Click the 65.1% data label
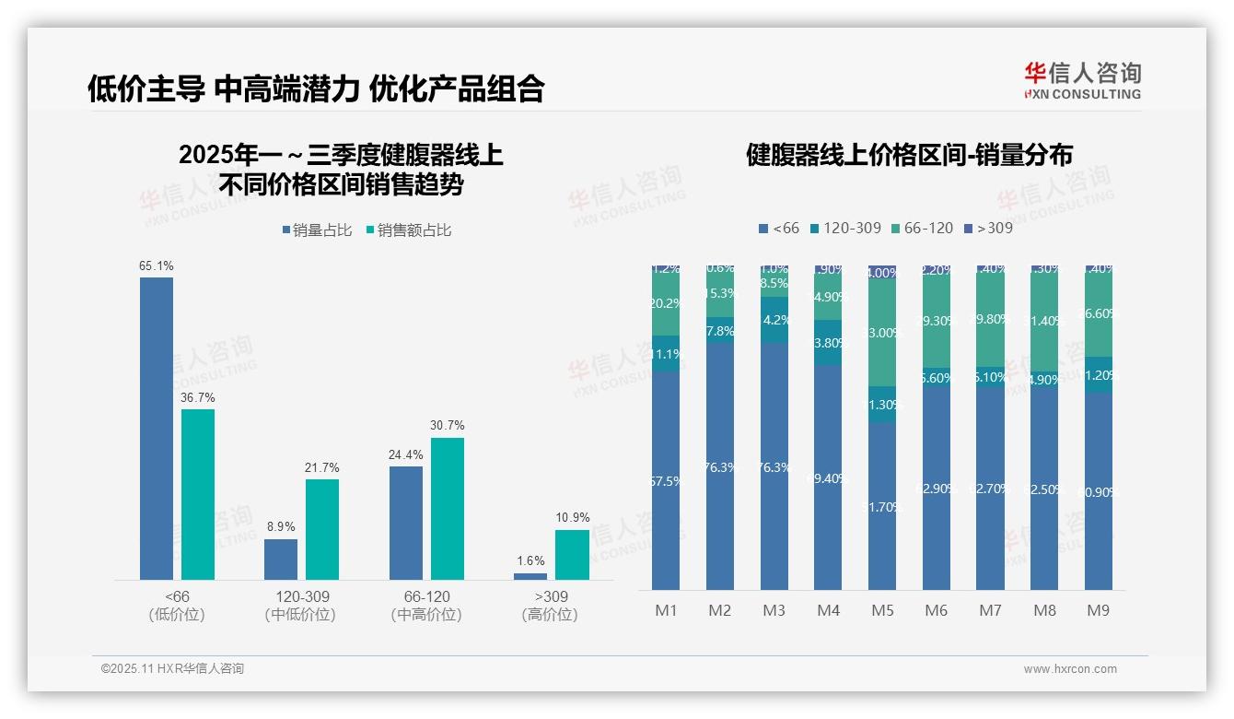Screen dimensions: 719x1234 pos(157,266)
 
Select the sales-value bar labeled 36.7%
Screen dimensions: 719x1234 pos(198,494)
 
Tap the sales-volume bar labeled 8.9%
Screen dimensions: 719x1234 pos(281,560)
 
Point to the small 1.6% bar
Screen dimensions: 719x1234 pos(530,576)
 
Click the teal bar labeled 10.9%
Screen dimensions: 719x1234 pos(572,555)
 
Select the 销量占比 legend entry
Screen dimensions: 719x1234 pos(317,230)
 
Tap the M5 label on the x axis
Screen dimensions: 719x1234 pos(882,610)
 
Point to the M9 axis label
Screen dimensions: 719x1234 pos(1099,610)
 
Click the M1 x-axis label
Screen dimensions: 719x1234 pos(666,610)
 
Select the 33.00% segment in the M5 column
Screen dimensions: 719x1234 pos(882,332)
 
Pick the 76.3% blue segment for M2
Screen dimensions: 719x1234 pos(720,466)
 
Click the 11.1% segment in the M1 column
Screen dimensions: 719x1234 pos(666,354)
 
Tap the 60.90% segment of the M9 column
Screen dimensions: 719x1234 pos(1099,491)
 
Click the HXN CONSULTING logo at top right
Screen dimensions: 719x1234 pos(1082,81)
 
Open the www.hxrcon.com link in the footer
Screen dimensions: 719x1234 pos(1070,669)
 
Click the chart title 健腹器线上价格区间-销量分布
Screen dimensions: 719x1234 pos(909,155)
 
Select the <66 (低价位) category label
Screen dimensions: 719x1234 pos(177,606)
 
